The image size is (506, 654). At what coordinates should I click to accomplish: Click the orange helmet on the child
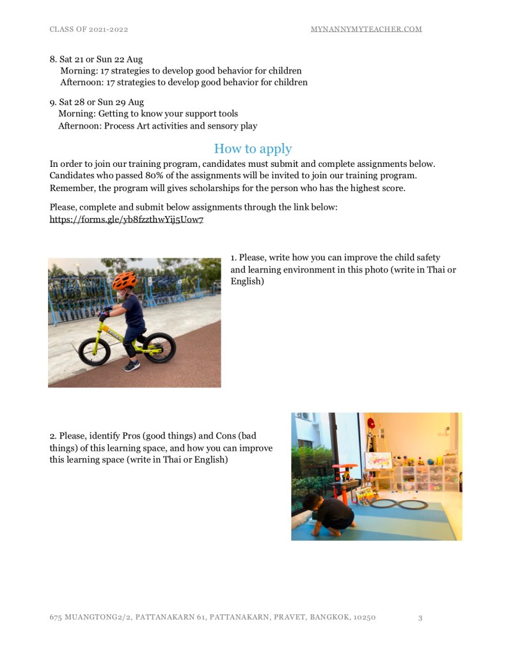coord(124,280)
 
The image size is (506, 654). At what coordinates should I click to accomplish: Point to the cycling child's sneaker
coord(131,366)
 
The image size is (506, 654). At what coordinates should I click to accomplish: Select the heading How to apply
coord(253,149)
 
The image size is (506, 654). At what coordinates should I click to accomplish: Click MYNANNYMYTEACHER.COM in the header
coord(366,29)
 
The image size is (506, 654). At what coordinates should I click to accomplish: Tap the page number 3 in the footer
coord(420,618)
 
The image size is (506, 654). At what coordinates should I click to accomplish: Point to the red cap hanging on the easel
coord(371,423)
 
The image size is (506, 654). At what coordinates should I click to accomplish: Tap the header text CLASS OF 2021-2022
coord(93,29)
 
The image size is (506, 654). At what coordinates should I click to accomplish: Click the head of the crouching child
coord(312,499)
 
